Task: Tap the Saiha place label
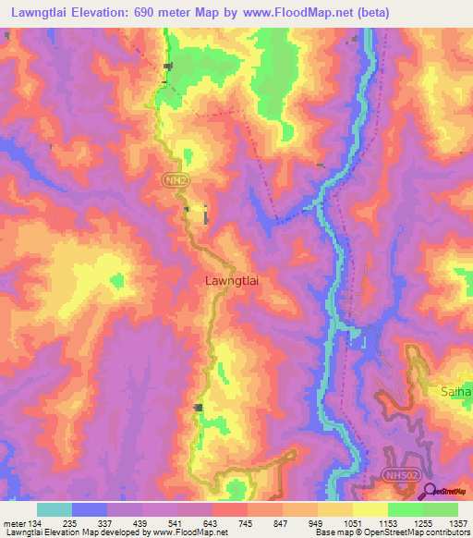[x=455, y=391]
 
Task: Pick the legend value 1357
[x=455, y=523]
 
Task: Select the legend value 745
[x=247, y=523]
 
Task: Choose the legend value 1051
[x=352, y=523]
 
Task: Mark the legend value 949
[x=317, y=523]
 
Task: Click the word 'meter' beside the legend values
[x=13, y=523]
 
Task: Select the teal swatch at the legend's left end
[x=55, y=509]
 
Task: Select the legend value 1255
[x=422, y=523]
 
